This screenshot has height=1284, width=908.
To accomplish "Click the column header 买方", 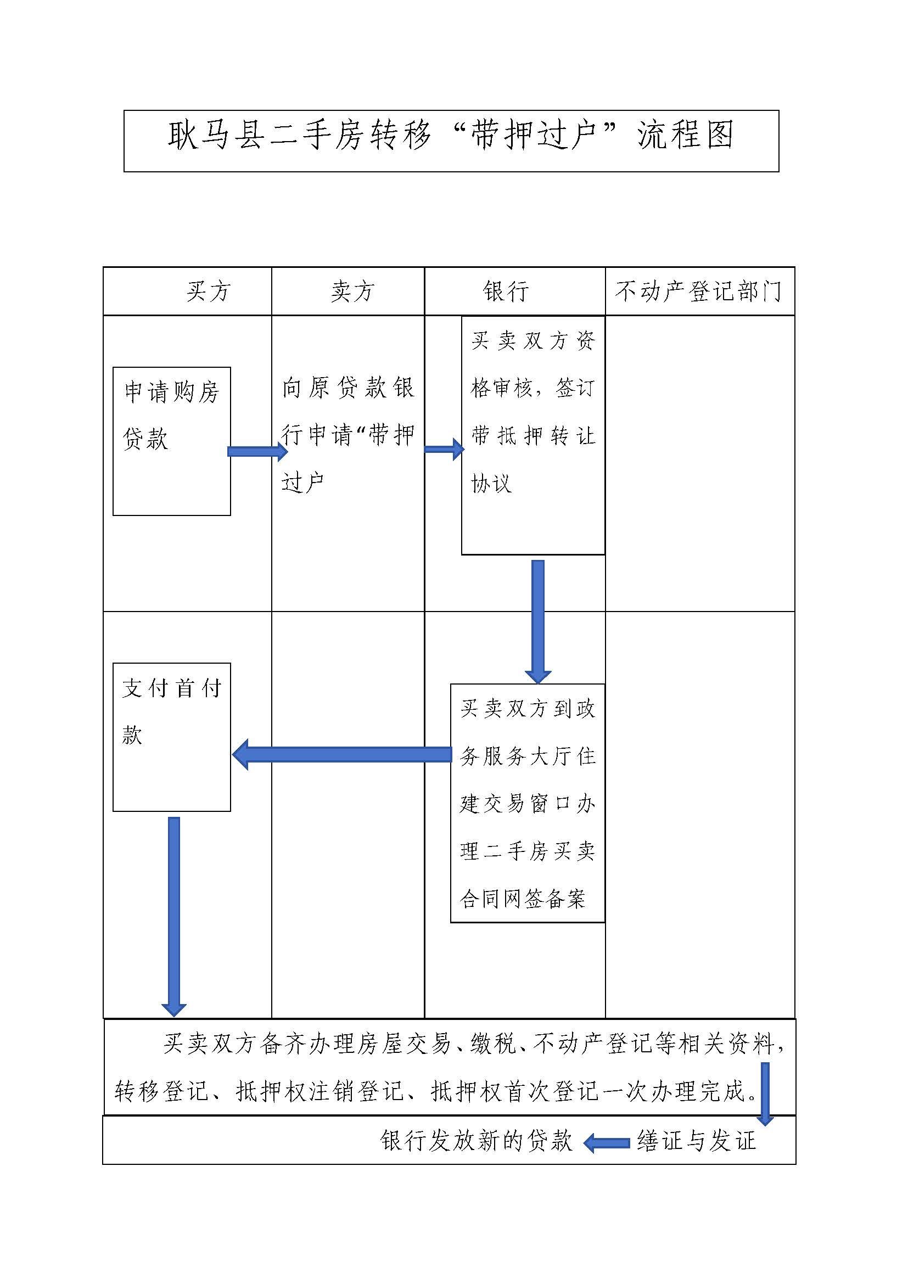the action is click(x=208, y=291).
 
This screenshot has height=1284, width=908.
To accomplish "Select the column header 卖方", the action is click(x=352, y=291).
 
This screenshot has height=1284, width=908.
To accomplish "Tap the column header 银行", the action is click(x=506, y=291).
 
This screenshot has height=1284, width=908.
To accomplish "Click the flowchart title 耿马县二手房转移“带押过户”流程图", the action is click(x=451, y=136).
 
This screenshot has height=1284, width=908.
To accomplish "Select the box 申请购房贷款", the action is click(x=172, y=441).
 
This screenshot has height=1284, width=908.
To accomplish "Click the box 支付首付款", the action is click(x=172, y=737).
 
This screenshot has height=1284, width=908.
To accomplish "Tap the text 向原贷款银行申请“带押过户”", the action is click(x=347, y=435).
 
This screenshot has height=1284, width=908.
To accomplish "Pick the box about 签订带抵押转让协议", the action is click(x=533, y=436).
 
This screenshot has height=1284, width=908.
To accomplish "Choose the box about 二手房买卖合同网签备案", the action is click(x=528, y=803).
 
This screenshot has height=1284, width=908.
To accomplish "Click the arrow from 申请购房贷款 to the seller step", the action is click(x=258, y=451).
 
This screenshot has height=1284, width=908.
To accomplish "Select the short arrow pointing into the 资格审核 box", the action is click(x=445, y=449).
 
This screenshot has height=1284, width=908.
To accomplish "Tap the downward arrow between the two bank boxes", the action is click(x=538, y=622).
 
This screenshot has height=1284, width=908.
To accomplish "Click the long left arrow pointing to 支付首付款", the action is click(x=341, y=754).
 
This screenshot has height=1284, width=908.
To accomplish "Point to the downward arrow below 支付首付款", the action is click(x=174, y=917).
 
